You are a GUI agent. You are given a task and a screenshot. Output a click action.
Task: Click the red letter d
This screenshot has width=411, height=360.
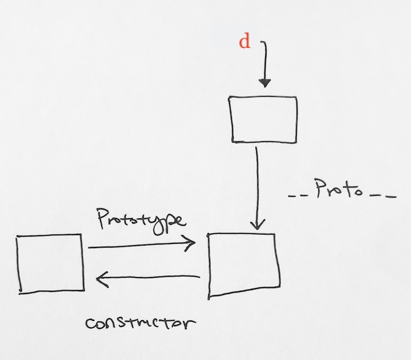245,42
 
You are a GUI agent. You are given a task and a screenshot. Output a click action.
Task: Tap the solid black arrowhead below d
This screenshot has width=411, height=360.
265,83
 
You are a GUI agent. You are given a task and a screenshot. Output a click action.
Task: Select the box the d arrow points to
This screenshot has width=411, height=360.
263,96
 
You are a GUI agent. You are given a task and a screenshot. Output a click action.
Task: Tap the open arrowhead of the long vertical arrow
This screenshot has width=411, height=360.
258,224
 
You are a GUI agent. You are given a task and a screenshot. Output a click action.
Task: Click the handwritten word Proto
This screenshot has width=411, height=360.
339,189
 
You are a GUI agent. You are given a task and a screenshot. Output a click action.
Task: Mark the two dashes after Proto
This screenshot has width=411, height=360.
383,195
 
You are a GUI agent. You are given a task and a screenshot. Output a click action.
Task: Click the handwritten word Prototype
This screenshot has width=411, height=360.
142,221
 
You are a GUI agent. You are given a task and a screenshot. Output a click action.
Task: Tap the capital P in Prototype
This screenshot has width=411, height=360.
103,219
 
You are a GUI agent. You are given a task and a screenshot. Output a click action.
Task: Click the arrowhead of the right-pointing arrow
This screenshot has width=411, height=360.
189,243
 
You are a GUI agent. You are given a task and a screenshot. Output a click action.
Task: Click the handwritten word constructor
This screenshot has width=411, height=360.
140,323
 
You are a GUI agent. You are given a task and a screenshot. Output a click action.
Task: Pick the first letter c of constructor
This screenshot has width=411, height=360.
90,324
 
